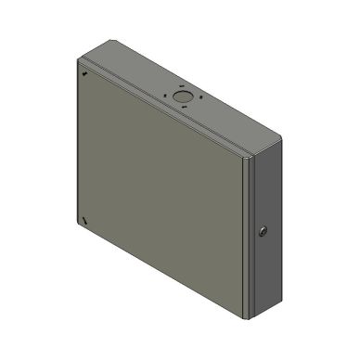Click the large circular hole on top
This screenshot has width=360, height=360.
coord(182,96)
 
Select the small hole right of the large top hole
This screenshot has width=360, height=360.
coord(198,98)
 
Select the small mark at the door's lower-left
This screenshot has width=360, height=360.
coord(84,219)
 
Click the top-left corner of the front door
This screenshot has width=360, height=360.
coord(76,63)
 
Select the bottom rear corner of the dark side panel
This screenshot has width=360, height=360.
coord(279,295)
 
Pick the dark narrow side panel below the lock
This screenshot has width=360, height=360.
coord(264,274)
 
